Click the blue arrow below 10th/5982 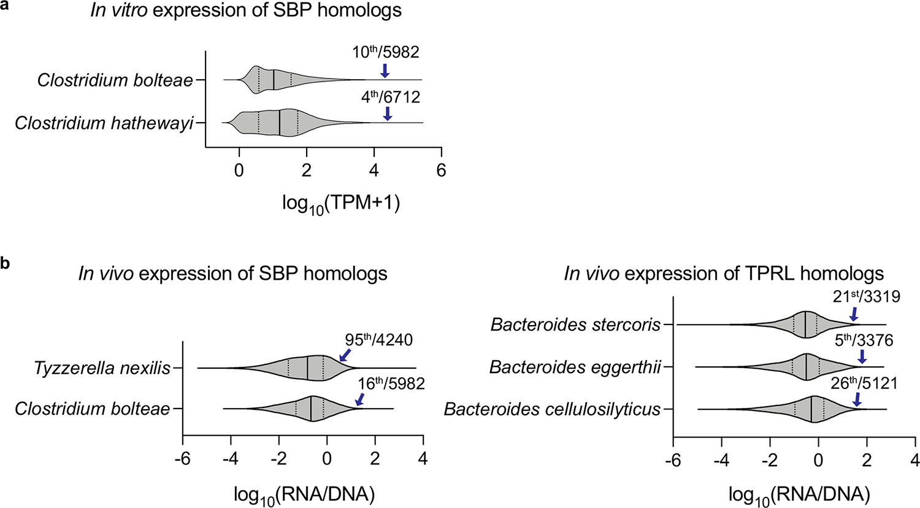(x=385, y=69)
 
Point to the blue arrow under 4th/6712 (x=387, y=114)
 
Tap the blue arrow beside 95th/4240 (x=345, y=355)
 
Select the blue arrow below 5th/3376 (x=862, y=356)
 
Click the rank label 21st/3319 (x=866, y=297)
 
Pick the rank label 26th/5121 (x=864, y=383)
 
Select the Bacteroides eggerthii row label (x=575, y=367)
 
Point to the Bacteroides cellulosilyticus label (x=552, y=409)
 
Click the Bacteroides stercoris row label (x=575, y=325)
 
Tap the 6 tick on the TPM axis (x=440, y=170)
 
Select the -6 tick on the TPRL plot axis (x=673, y=461)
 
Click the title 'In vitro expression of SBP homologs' (x=246, y=11)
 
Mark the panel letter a (x=5, y=5)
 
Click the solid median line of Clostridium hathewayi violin (x=279, y=123)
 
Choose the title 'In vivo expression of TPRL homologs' (x=724, y=274)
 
